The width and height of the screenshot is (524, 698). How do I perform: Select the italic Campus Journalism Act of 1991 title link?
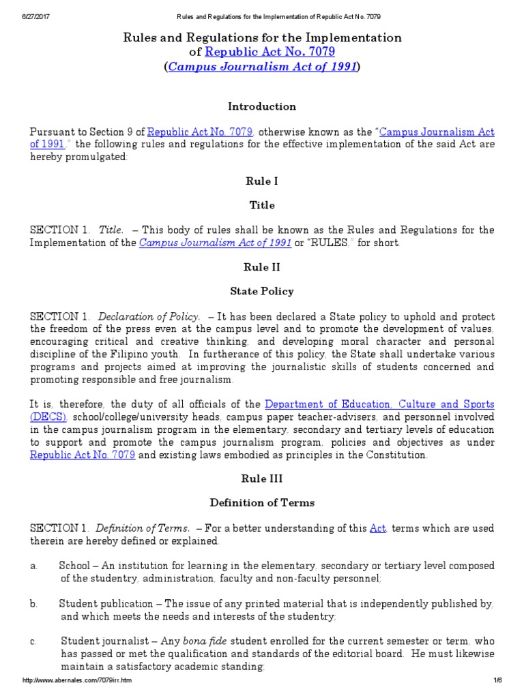(x=262, y=66)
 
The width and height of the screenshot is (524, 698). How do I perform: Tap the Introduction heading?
(x=262, y=106)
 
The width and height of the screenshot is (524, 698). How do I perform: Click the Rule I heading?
(x=262, y=181)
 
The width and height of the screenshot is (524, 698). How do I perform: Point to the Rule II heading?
(x=262, y=267)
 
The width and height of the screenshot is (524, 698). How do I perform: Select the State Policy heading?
(x=262, y=291)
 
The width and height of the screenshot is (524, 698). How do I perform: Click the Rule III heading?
(x=262, y=479)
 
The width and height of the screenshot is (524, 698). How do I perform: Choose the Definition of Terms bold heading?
(x=262, y=502)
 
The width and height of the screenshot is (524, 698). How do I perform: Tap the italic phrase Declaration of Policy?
(x=149, y=317)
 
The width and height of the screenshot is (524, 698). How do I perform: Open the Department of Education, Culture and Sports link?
(x=379, y=404)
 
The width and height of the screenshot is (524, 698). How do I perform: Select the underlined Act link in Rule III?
(x=377, y=528)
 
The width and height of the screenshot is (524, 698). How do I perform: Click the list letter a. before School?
(x=33, y=566)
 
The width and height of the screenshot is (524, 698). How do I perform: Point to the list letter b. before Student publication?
(x=33, y=604)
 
